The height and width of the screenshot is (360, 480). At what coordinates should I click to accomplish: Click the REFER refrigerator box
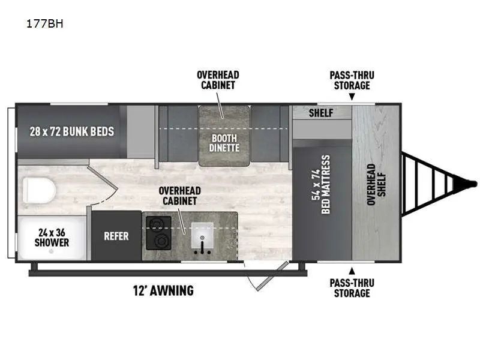point(116,236)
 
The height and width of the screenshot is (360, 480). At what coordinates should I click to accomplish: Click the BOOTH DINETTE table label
point(224,143)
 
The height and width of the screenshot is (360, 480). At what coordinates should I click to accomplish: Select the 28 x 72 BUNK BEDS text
point(71,131)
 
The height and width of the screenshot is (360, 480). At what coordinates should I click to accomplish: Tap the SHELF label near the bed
point(321,113)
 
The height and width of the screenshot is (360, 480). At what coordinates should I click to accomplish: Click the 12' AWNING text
point(163,291)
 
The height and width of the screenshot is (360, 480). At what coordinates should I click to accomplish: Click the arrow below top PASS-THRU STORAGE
point(352,96)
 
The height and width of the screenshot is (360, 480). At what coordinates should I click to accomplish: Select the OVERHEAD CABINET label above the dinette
point(218,80)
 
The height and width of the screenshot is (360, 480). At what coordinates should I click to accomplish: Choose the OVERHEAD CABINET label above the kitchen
point(179,196)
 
